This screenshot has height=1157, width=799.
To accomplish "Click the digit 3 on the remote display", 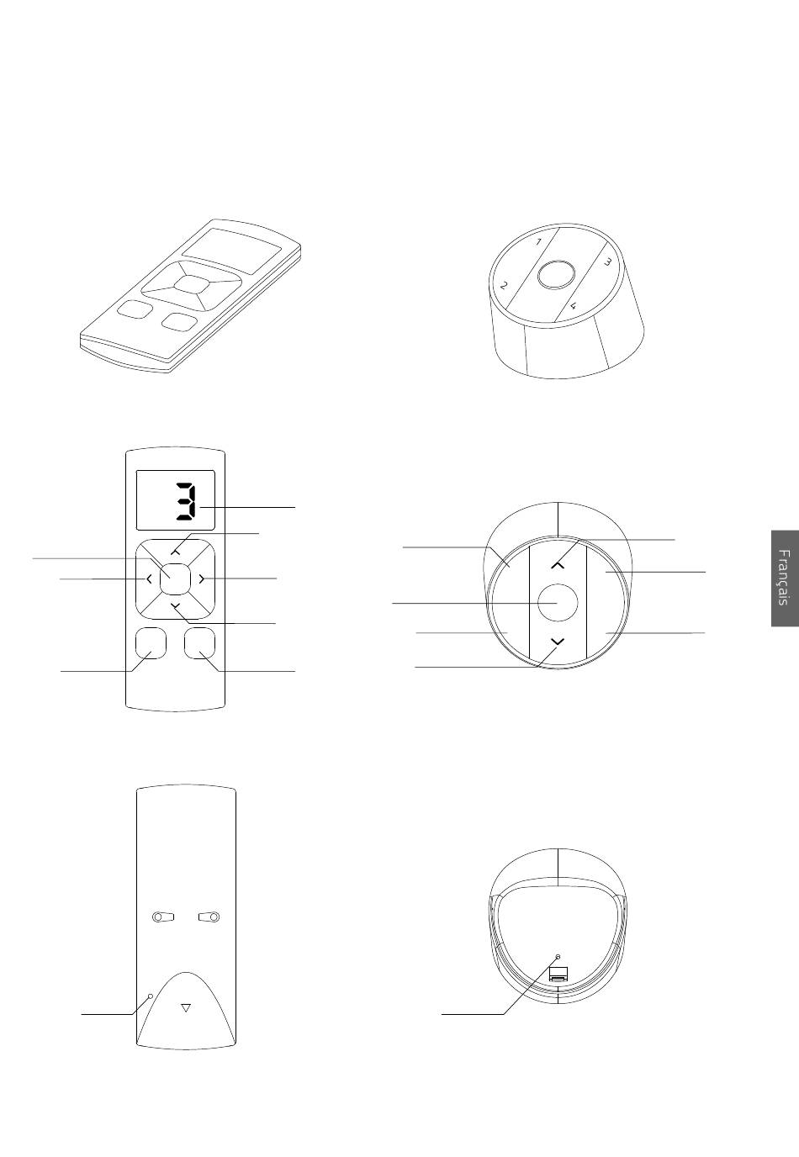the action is [x=186, y=501].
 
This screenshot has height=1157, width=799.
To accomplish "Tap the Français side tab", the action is [x=785, y=578].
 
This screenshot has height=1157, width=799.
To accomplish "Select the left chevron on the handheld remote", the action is [x=149, y=579].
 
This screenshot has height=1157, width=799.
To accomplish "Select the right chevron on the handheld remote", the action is [x=201, y=579].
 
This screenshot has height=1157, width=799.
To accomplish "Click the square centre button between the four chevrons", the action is [x=175, y=578].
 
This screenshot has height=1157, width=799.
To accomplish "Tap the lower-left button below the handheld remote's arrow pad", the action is [x=151, y=643].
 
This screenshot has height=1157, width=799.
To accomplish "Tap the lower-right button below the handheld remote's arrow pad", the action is [x=200, y=643].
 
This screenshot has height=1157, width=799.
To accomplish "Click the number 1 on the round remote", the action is [x=538, y=241].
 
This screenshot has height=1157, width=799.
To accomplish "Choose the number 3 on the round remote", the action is [x=608, y=262].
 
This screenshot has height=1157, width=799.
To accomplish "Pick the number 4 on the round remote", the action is [x=574, y=305].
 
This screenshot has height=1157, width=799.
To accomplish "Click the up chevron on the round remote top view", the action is [x=558, y=565].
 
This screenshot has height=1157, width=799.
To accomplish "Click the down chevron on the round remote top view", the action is [x=558, y=641].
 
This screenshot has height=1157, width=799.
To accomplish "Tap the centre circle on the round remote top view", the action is [x=558, y=603].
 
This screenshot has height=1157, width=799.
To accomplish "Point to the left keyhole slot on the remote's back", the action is [x=162, y=917].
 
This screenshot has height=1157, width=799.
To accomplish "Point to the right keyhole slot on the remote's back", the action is [x=209, y=917].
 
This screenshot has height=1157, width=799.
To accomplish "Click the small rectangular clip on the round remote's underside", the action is [x=558, y=975].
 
